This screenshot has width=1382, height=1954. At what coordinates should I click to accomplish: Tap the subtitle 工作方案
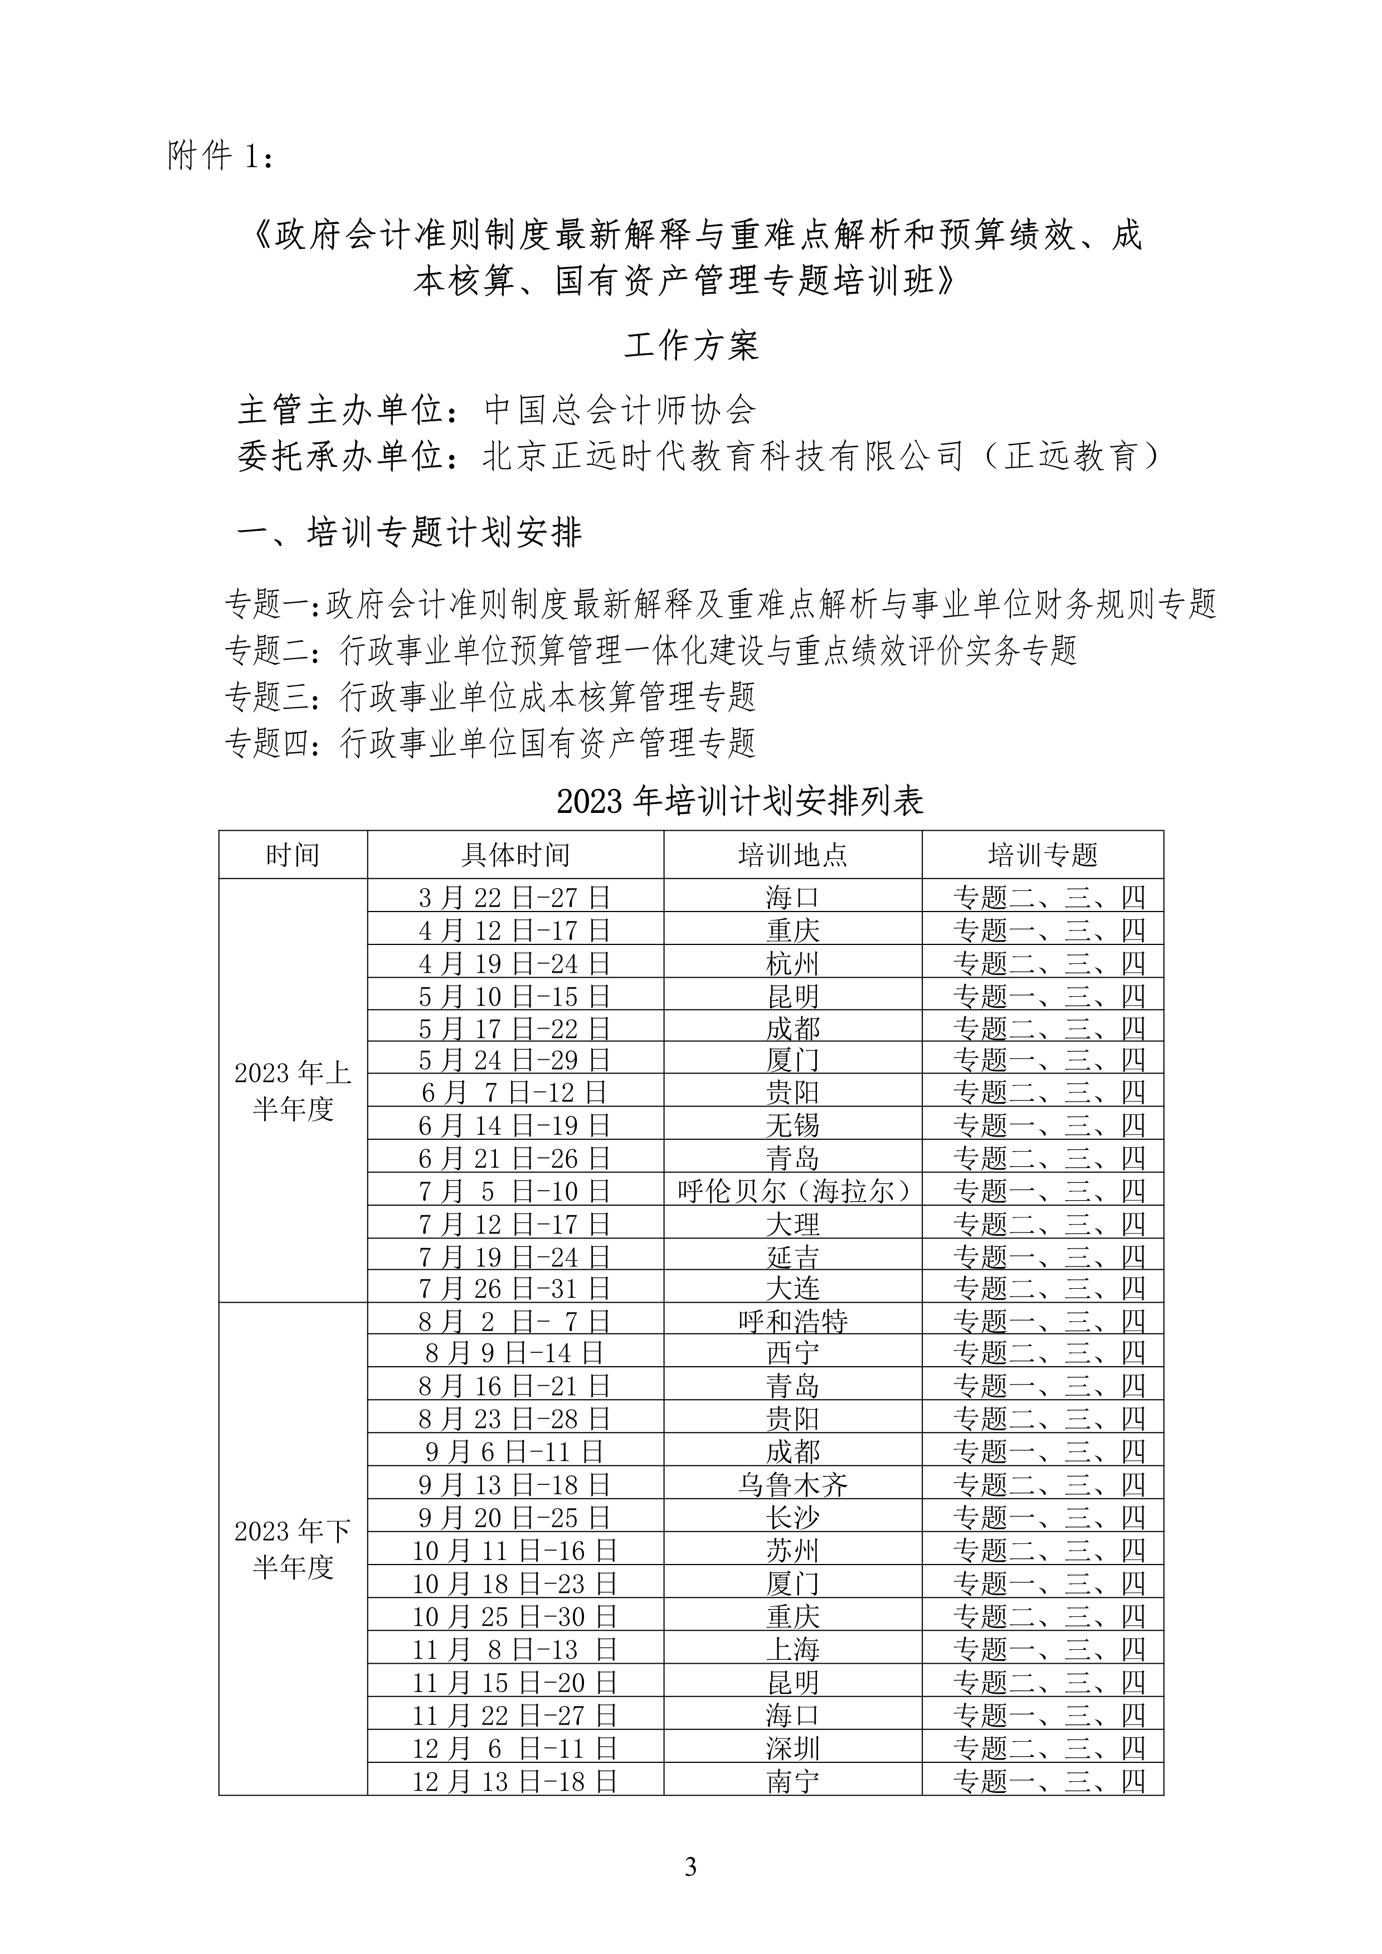point(690,345)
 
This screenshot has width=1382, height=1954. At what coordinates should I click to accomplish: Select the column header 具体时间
point(515,855)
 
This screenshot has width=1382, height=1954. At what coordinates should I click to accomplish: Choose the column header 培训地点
point(792,855)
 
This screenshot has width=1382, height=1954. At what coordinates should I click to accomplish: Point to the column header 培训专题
point(1043,855)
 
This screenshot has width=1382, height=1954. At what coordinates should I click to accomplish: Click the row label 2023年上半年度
point(293,1091)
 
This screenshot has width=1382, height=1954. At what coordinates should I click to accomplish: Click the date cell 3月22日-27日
point(515,897)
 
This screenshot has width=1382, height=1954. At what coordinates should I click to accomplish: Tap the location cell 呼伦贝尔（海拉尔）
point(792,1191)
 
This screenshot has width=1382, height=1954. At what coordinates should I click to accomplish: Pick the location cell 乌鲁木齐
point(792,1485)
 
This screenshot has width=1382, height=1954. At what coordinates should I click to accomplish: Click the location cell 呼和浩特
point(792,1321)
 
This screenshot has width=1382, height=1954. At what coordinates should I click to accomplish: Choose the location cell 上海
point(792,1649)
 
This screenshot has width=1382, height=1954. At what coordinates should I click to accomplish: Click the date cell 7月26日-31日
point(515,1289)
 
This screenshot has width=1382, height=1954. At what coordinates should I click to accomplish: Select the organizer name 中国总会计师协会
point(620,410)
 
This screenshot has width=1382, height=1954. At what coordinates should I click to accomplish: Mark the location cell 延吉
point(792,1256)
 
